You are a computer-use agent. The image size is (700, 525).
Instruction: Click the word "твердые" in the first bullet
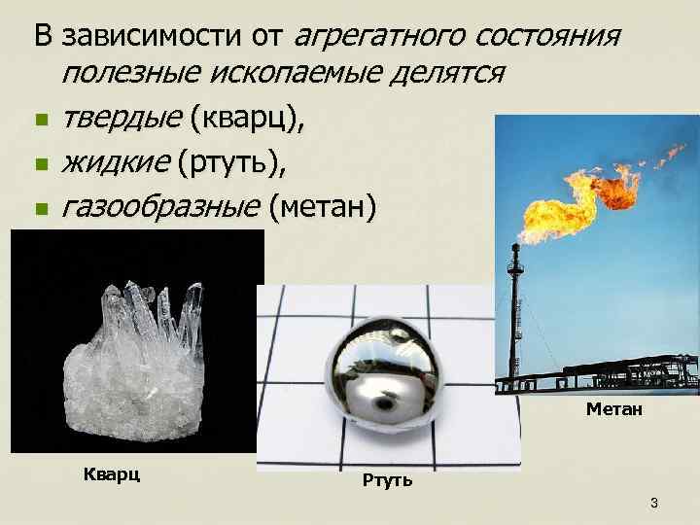pos(121,121)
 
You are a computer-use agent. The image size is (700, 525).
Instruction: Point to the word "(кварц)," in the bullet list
pos(248,121)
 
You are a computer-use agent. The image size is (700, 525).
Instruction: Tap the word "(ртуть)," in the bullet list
pos(232,163)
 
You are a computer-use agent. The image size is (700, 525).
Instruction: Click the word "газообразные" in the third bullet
pos(161,206)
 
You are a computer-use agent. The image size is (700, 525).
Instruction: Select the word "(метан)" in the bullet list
pos(323,206)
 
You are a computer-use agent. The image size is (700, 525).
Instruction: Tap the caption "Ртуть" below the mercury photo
pos(387,479)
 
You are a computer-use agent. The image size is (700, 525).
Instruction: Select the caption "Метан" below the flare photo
pos(614,410)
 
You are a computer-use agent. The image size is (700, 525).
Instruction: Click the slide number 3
pos(654,503)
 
